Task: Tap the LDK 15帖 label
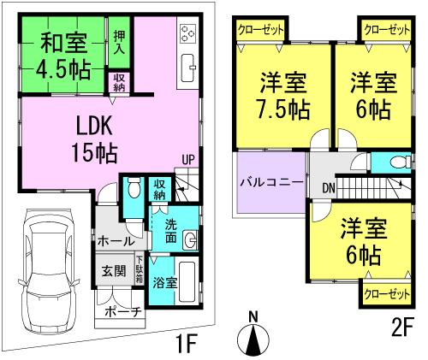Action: point(96,139)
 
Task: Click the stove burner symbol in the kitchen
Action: point(187,35)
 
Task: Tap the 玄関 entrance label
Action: point(114,272)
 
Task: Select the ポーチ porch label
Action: point(121,312)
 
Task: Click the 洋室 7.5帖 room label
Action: point(283,97)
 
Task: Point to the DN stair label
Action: point(329,187)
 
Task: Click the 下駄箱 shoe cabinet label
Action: point(139,269)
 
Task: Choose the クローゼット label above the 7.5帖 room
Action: point(261,29)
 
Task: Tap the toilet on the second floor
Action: point(392,163)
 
